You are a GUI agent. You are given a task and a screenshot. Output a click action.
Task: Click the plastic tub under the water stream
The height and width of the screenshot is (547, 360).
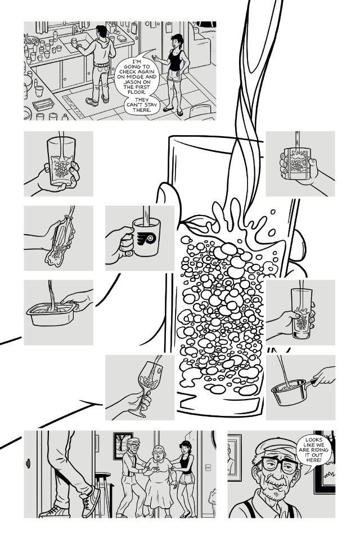click(x=52, y=313)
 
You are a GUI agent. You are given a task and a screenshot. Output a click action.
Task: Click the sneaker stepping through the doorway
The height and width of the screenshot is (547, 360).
click(x=89, y=503)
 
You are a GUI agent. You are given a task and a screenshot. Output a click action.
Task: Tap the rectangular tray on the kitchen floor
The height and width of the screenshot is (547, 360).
click(x=43, y=104)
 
